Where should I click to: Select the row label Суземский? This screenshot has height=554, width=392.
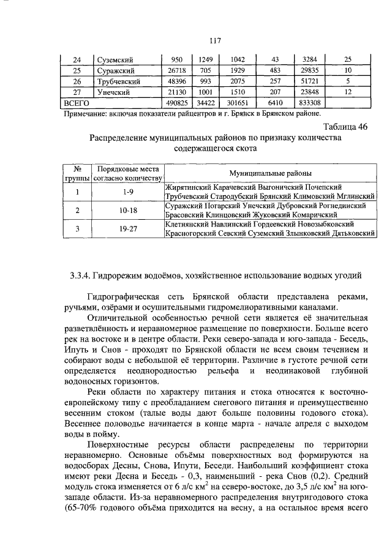pos(115,59)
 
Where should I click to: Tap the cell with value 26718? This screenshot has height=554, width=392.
pos(176,70)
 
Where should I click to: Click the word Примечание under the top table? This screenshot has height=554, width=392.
pos(85,113)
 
